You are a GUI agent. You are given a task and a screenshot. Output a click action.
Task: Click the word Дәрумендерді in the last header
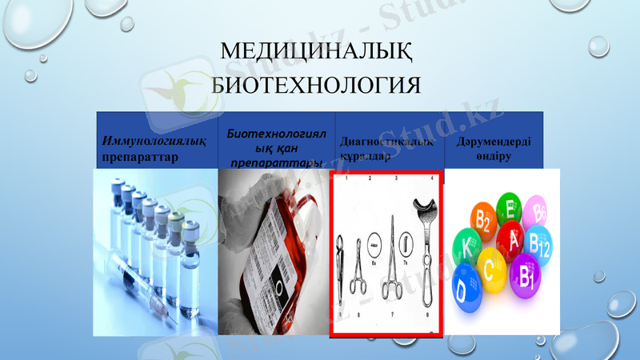(x=494, y=142)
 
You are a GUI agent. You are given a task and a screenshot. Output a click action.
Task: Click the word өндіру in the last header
(x=494, y=156)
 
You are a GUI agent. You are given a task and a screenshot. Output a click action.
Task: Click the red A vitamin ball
(x=514, y=238)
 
